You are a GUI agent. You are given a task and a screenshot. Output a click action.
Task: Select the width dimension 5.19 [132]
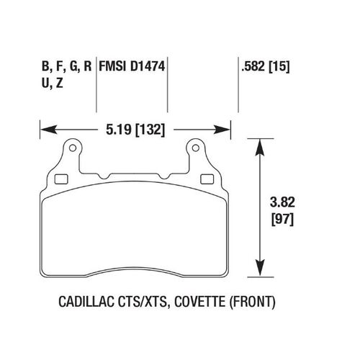click(x=134, y=130)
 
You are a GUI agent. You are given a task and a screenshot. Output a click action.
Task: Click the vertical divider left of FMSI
click(x=97, y=79)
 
